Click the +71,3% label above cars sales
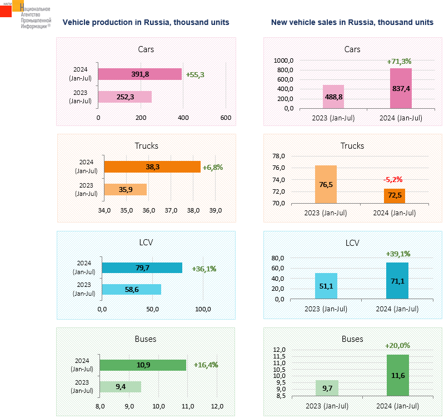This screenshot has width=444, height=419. pos(399,61)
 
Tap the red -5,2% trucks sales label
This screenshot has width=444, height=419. pos(392,179)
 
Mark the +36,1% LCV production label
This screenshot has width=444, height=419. pos(204,269)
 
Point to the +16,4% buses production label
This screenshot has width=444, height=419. pos(206,365)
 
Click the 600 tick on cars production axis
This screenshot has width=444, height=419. pos(226,118)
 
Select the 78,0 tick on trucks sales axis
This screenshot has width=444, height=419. pos(293,156)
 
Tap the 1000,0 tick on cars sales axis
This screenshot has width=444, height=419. pos(285,60)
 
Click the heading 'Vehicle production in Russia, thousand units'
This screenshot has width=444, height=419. pos(146,22)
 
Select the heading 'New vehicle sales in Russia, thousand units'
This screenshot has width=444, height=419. pos(352,22)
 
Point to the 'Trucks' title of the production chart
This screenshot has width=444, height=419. pos(146,146)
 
